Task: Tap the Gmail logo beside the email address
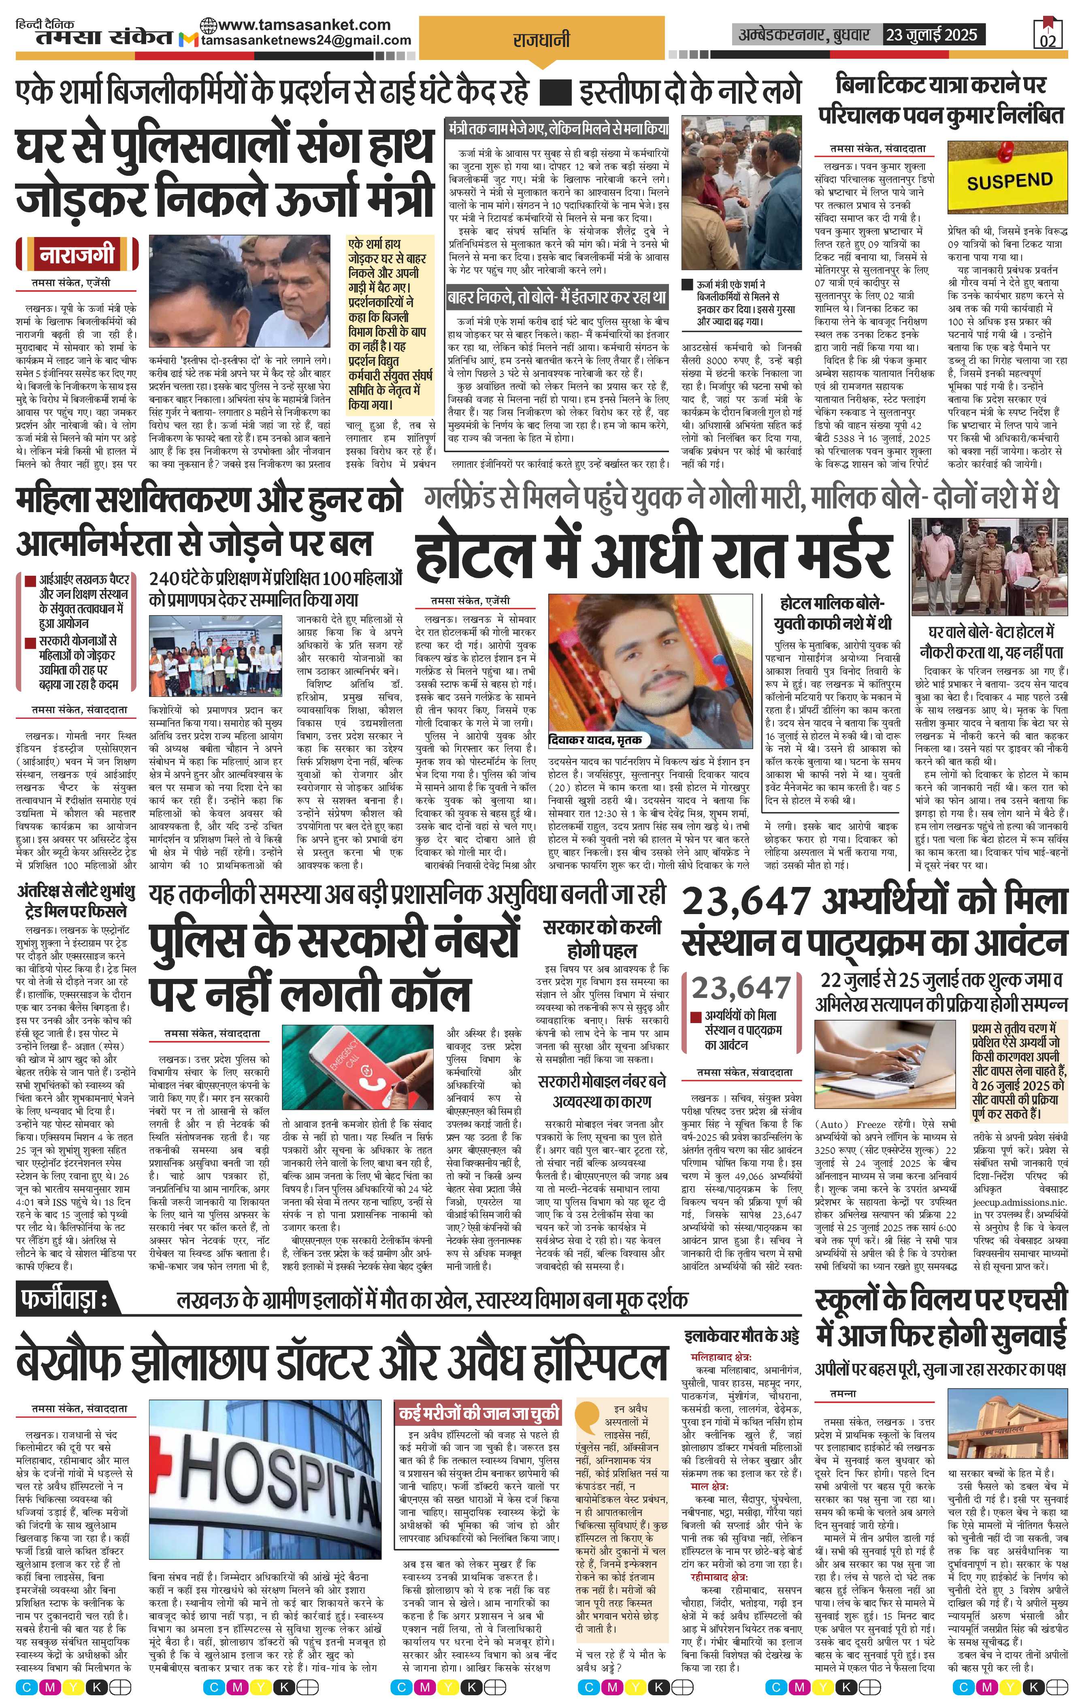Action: click(x=188, y=41)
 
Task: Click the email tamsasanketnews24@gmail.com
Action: click(x=306, y=41)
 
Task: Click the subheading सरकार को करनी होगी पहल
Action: click(x=602, y=938)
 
